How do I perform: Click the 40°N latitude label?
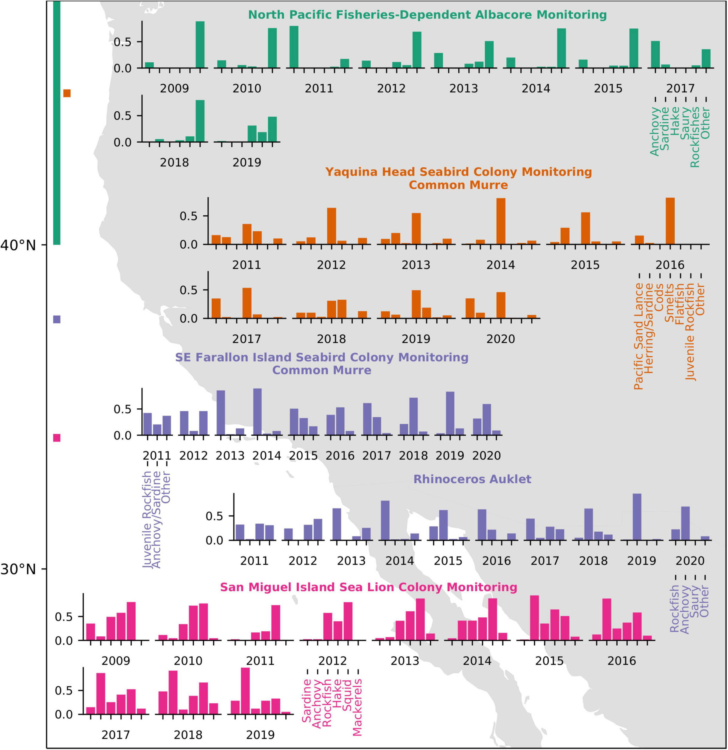click(18, 245)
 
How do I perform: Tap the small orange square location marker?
click(67, 93)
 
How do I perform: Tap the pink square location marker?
click(57, 438)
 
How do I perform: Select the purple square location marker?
click(57, 319)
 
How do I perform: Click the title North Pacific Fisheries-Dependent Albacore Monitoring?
click(427, 15)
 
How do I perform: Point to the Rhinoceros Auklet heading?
click(472, 479)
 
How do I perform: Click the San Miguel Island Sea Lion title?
click(369, 587)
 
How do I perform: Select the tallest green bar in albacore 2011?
click(294, 47)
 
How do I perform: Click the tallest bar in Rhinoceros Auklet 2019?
click(637, 517)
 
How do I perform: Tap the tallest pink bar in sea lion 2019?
click(245, 691)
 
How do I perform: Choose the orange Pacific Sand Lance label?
click(638, 336)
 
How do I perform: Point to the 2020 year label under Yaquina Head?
click(501, 339)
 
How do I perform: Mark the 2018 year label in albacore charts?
click(174, 163)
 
